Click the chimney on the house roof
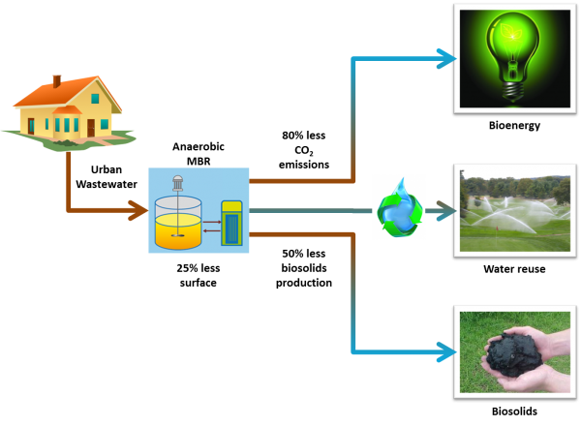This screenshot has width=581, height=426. click(56, 81)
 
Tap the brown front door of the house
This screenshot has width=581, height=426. click(91, 127)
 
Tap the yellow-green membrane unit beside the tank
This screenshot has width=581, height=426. click(231, 223)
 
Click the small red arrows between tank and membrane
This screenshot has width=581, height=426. click(211, 226)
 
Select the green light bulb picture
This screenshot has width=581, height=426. click(514, 58)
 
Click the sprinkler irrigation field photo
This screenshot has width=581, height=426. click(514, 210)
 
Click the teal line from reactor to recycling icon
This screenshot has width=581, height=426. click(310, 210)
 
